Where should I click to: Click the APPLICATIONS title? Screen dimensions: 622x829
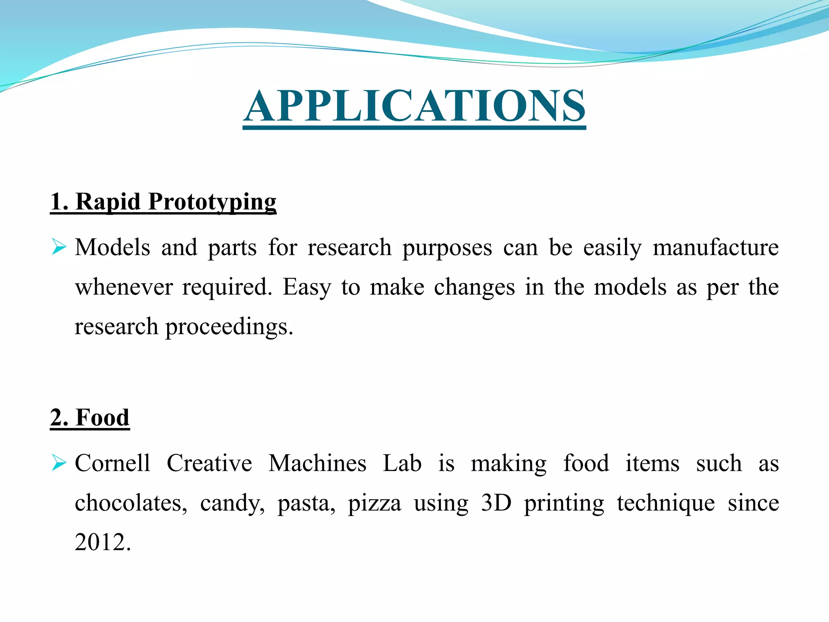click(414, 106)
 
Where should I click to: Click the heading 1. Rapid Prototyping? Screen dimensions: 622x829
click(163, 202)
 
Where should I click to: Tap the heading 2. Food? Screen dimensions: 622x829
click(90, 418)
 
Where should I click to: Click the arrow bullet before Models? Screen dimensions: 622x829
click(59, 247)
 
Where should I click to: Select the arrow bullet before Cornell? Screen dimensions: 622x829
click(59, 463)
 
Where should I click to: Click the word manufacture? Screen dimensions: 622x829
click(715, 247)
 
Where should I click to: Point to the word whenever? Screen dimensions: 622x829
click(124, 287)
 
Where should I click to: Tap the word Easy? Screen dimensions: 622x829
click(306, 288)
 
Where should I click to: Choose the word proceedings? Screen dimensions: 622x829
click(229, 327)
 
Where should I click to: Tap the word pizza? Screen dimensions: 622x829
click(374, 503)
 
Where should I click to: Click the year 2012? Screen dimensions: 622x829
click(102, 542)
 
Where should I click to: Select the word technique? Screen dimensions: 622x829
click(665, 503)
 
